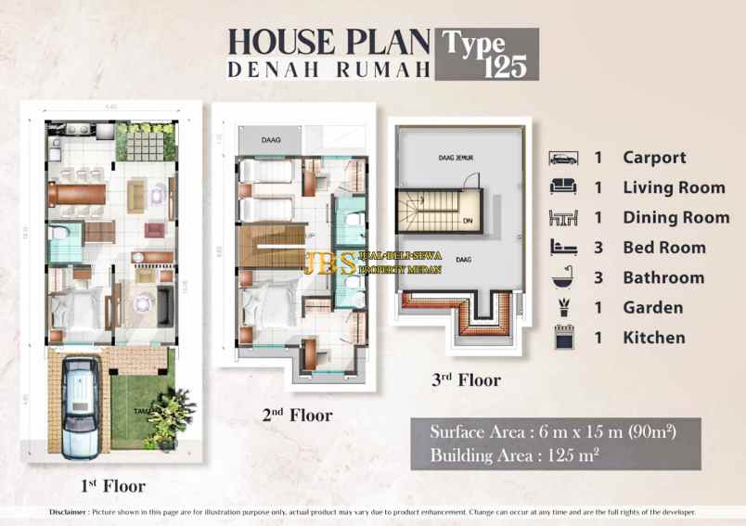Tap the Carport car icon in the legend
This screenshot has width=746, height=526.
562,158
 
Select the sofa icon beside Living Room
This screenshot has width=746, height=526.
562,187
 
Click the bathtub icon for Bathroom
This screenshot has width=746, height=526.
562,277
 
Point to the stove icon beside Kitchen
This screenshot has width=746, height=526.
562,338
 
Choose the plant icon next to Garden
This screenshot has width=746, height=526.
562,307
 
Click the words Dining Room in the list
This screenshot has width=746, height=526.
675,218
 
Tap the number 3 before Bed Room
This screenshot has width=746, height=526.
598,248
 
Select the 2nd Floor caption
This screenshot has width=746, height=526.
296,416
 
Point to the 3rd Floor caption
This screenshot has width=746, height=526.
466,379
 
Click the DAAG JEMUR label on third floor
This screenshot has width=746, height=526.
456,158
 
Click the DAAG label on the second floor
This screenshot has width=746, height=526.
271,140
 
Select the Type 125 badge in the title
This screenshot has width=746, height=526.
486,54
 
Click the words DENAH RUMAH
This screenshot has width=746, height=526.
328,69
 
